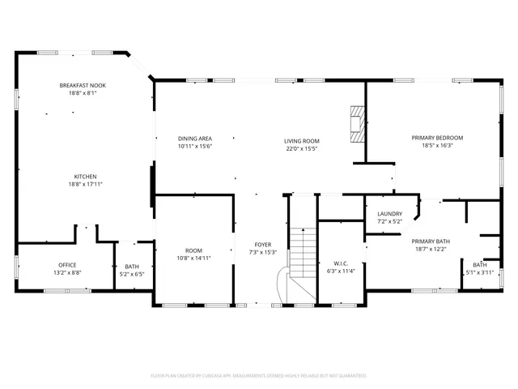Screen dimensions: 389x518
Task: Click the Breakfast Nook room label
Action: [x=82, y=85]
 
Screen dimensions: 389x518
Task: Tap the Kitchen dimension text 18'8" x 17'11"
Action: [x=85, y=185]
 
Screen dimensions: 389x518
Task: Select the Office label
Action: [x=67, y=265]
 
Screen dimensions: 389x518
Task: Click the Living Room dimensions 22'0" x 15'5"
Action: [x=301, y=148]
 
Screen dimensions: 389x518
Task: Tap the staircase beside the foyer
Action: [x=301, y=251]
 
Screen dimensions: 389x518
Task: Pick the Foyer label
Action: [x=263, y=244]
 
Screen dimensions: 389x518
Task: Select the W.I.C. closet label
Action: [x=341, y=263]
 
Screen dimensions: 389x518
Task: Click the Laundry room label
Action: [x=389, y=213]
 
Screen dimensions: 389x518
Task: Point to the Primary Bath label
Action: [x=431, y=241]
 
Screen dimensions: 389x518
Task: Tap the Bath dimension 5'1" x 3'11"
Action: [x=480, y=273]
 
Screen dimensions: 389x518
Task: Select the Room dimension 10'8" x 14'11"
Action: [x=193, y=259]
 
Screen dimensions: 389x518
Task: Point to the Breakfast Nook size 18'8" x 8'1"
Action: [x=82, y=93]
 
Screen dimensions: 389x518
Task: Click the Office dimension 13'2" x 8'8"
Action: [x=67, y=273]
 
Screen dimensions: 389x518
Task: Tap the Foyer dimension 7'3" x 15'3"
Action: [x=263, y=252]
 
